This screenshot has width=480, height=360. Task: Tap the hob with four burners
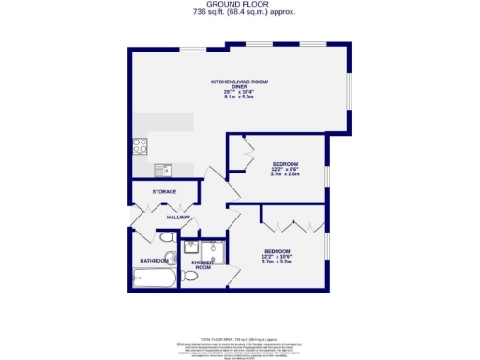tap(141, 145)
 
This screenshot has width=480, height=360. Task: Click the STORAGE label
tap(164, 192)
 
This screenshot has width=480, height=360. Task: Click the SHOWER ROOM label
tap(202, 265)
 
